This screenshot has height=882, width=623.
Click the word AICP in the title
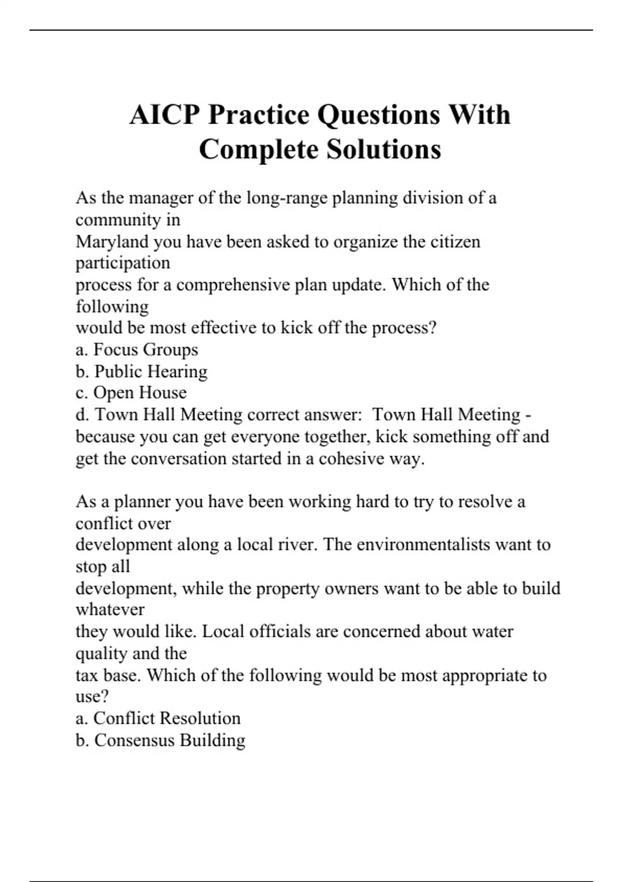[165, 115]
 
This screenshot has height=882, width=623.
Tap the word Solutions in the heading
[384, 149]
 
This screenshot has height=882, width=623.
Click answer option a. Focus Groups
[137, 350]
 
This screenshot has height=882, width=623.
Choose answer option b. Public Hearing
[141, 371]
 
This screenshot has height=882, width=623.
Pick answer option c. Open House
[131, 393]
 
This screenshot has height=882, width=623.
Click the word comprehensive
[233, 285]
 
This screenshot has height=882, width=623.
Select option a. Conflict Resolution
[158, 718]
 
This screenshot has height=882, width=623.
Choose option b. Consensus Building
[160, 740]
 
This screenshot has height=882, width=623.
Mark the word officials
[280, 631]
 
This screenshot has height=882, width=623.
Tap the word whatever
[110, 610]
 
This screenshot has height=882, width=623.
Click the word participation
[123, 263]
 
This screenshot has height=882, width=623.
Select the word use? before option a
[92, 696]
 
